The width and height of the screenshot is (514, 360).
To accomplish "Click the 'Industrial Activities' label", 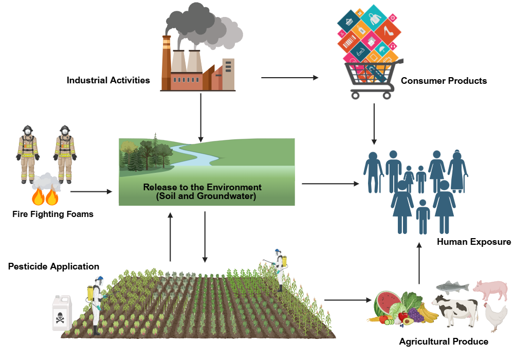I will click(108, 80).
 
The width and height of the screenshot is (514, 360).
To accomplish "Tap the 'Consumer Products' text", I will click(444, 81).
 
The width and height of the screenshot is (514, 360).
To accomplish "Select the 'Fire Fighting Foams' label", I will click(53, 214).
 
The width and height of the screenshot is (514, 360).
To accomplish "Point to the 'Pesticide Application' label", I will click(53, 266).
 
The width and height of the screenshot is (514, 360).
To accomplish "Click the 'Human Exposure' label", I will click(473, 242).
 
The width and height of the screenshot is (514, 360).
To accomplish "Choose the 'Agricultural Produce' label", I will click(444, 341).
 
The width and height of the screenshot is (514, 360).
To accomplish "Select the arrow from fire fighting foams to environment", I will click(91, 192).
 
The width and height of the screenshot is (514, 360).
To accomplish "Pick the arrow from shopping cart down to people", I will click(374, 123).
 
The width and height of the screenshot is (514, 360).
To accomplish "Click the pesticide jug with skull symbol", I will click(63, 312).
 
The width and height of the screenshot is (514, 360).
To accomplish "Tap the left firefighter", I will click(28, 153).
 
